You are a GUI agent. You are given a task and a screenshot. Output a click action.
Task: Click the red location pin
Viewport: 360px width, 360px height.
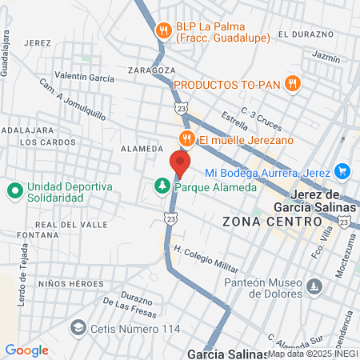tap(179, 162)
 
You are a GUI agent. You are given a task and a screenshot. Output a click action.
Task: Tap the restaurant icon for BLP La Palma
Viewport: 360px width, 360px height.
tap(164, 30)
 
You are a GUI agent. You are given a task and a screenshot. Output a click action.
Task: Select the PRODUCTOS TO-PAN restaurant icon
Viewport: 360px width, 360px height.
tap(293, 82)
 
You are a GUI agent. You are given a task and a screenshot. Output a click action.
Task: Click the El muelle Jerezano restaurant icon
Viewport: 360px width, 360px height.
tap(187, 138)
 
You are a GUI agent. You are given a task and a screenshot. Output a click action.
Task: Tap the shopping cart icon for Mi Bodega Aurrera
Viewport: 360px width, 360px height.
tap(342, 171)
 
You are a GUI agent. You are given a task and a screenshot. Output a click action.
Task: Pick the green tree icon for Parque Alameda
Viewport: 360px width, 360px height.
tap(162, 186)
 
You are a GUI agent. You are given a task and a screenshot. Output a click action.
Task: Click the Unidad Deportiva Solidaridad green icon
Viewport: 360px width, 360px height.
tap(14, 191)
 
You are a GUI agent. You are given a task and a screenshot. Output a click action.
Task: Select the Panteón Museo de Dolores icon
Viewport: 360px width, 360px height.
tap(314, 286)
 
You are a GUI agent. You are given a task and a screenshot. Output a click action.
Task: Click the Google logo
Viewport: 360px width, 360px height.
tap(27, 350)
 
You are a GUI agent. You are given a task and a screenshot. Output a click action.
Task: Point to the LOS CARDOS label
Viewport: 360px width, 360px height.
tap(39, 142)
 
